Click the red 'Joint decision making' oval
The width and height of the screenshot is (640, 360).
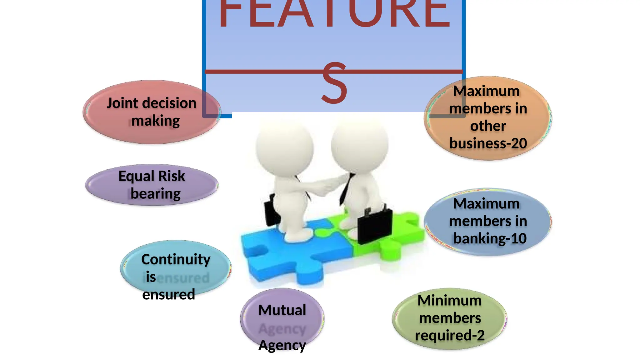click(152, 112)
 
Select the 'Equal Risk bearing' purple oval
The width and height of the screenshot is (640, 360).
click(152, 185)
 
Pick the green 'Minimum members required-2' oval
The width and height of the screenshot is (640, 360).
click(449, 318)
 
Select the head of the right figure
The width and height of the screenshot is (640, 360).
click(359, 144)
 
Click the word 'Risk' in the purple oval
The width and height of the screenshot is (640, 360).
click(172, 176)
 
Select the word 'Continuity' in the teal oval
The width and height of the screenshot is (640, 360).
click(176, 259)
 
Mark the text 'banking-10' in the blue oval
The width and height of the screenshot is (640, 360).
click(490, 238)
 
